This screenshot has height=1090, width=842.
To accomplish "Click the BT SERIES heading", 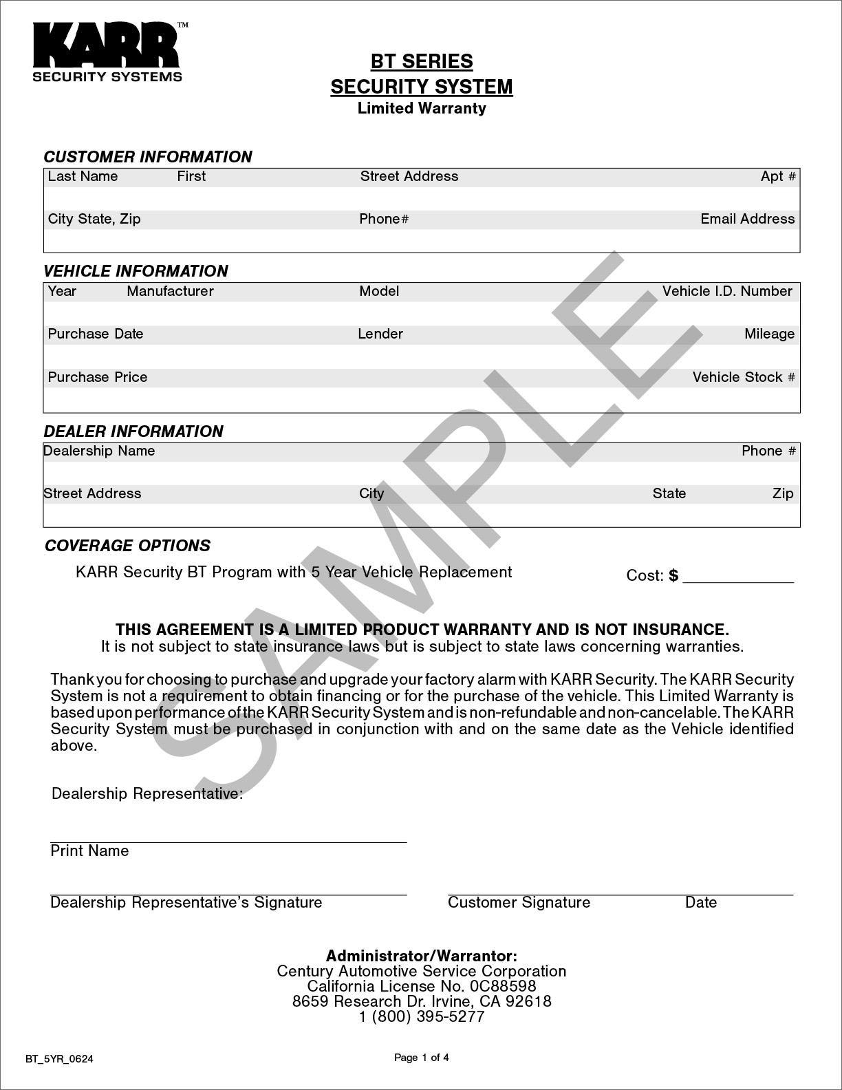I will [x=422, y=61].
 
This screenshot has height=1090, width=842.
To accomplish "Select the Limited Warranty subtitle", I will [x=422, y=108].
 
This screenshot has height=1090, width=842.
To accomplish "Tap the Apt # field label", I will [x=778, y=176].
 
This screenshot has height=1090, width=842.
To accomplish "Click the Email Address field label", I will [x=747, y=219].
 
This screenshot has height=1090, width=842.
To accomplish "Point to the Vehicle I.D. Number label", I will [x=727, y=291].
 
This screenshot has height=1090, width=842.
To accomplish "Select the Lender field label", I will [x=380, y=334].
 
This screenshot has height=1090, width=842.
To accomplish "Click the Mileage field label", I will [x=769, y=334].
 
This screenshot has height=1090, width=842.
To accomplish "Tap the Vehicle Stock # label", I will [x=744, y=377].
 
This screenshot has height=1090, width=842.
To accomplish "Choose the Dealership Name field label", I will [x=99, y=451].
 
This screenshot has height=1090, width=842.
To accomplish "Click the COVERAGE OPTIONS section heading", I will [x=127, y=546].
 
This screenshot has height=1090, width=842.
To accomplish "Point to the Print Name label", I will [x=89, y=851].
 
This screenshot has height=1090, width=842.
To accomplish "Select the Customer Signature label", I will [x=519, y=903].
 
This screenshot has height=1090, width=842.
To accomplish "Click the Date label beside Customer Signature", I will [x=701, y=903].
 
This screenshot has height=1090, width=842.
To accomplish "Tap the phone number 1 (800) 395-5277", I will [x=422, y=1017].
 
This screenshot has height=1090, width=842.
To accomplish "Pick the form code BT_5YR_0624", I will [x=59, y=1059].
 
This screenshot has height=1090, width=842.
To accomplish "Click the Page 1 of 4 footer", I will [x=422, y=1058].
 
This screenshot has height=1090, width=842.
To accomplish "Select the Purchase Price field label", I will [x=98, y=377].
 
